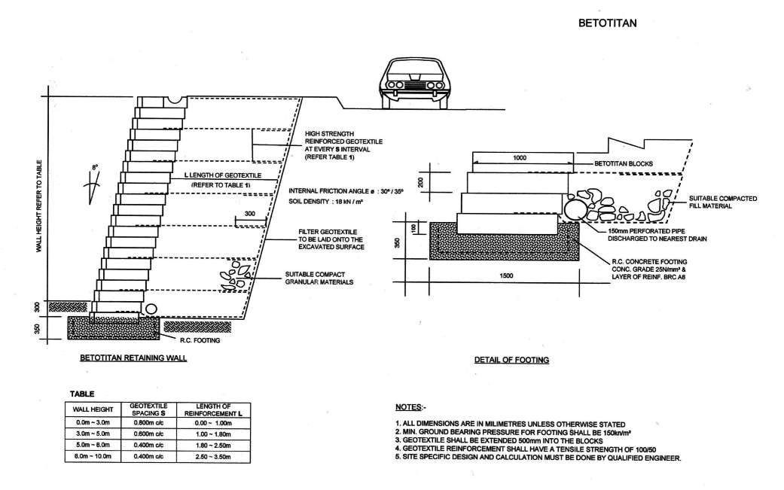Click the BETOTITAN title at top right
tap(607, 23)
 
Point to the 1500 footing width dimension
tap(506, 276)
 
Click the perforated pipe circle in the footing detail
tap(574, 208)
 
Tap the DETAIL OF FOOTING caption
tap(511, 360)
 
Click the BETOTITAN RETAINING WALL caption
tap(133, 358)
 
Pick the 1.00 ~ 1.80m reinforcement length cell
tap(215, 436)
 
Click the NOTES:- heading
tap(409, 407)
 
